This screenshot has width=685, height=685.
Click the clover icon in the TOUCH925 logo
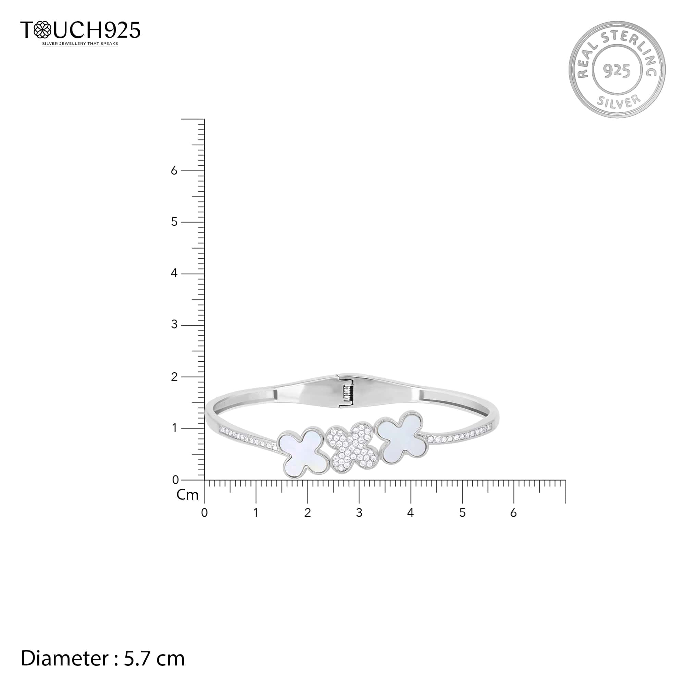[x=42, y=30]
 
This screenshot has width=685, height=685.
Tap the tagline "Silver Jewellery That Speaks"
[x=80, y=44]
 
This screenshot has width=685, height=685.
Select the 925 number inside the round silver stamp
[x=617, y=71]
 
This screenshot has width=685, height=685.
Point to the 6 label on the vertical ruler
[x=174, y=171]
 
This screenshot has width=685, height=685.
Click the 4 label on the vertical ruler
[x=174, y=273]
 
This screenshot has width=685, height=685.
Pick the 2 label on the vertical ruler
[x=174, y=377]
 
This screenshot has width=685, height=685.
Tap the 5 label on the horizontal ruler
[x=462, y=513]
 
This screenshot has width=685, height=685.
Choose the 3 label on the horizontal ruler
[x=359, y=513]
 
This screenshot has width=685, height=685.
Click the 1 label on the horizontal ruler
[x=256, y=513]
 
